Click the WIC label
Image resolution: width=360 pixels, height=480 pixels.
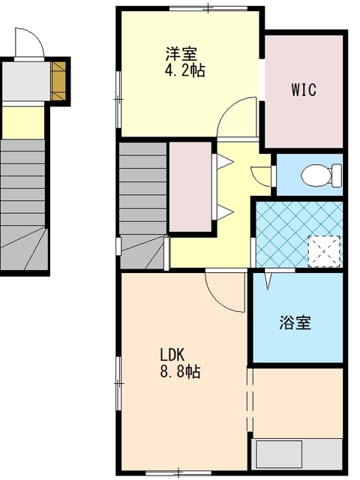pos(303,90)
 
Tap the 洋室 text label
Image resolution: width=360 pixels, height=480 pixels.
pos(181,54)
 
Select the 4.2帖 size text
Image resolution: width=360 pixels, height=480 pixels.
pos(185,70)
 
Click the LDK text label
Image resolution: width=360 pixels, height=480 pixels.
pos(172,355)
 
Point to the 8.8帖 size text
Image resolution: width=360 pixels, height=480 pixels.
pos(180,371)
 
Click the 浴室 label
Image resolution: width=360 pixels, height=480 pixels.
pos(295,322)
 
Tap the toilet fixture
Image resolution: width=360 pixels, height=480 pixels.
pos(322,175)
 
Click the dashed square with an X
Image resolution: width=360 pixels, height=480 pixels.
pos(324,251)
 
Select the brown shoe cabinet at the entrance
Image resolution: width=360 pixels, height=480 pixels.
pos(58,81)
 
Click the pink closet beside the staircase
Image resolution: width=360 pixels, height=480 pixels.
pos(190,187)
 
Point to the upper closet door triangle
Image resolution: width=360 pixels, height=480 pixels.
pos(225,161)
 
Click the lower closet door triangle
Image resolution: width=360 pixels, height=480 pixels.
pos(225,212)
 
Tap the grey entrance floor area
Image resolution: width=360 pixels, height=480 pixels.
pos(26,81)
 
